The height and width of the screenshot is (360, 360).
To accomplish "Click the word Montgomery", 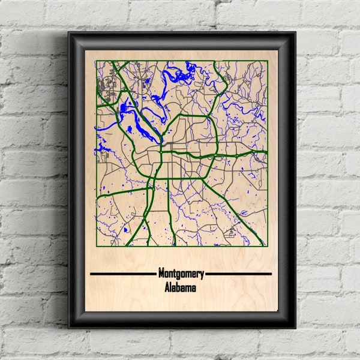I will point(181,274).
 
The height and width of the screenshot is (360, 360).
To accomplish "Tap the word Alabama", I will point(181,288).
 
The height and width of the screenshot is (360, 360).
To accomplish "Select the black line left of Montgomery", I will point(122,274).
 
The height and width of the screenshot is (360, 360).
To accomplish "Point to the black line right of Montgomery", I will point(238,274).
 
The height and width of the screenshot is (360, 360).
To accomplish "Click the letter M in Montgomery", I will point(161,274).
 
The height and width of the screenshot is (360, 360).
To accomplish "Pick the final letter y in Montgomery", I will point(202,275).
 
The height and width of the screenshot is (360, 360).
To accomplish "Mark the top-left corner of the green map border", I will point(96,61).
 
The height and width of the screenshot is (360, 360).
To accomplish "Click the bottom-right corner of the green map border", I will point(267,245).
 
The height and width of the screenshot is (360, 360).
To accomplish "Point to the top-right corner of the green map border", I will point(267,61).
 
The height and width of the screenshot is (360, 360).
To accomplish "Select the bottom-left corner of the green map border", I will point(96,245).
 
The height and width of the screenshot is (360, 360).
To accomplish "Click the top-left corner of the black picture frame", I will point(68,32).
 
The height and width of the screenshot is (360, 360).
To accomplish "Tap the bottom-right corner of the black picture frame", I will point(295,328).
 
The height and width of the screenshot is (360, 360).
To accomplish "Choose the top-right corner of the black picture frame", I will point(295,32).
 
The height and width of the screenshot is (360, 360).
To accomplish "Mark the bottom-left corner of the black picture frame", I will point(68,328).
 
